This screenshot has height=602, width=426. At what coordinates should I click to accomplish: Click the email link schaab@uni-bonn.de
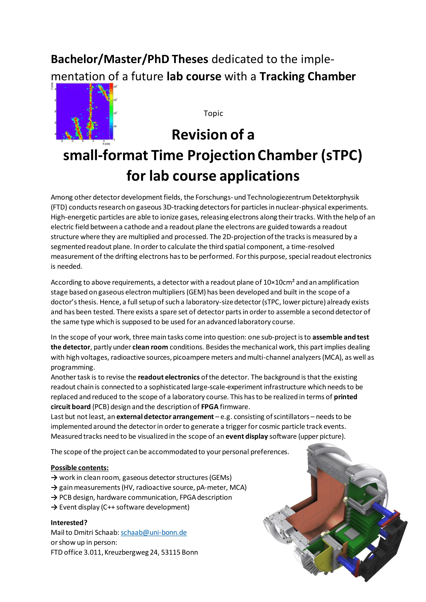(154, 533)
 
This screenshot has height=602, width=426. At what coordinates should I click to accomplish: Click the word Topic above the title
(213, 113)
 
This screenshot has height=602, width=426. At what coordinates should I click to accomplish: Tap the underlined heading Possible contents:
(80, 468)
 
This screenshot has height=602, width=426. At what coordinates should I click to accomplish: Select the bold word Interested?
(69, 522)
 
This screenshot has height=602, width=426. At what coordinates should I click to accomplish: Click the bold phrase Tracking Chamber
(308, 76)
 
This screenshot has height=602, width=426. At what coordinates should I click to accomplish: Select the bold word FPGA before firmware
(210, 407)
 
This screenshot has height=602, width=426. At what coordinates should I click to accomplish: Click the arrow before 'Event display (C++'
(54, 507)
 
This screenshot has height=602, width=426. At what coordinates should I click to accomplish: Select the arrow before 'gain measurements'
(54, 487)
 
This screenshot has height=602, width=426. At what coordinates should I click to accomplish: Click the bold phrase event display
(246, 436)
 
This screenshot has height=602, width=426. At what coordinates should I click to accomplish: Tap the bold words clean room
(150, 347)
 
